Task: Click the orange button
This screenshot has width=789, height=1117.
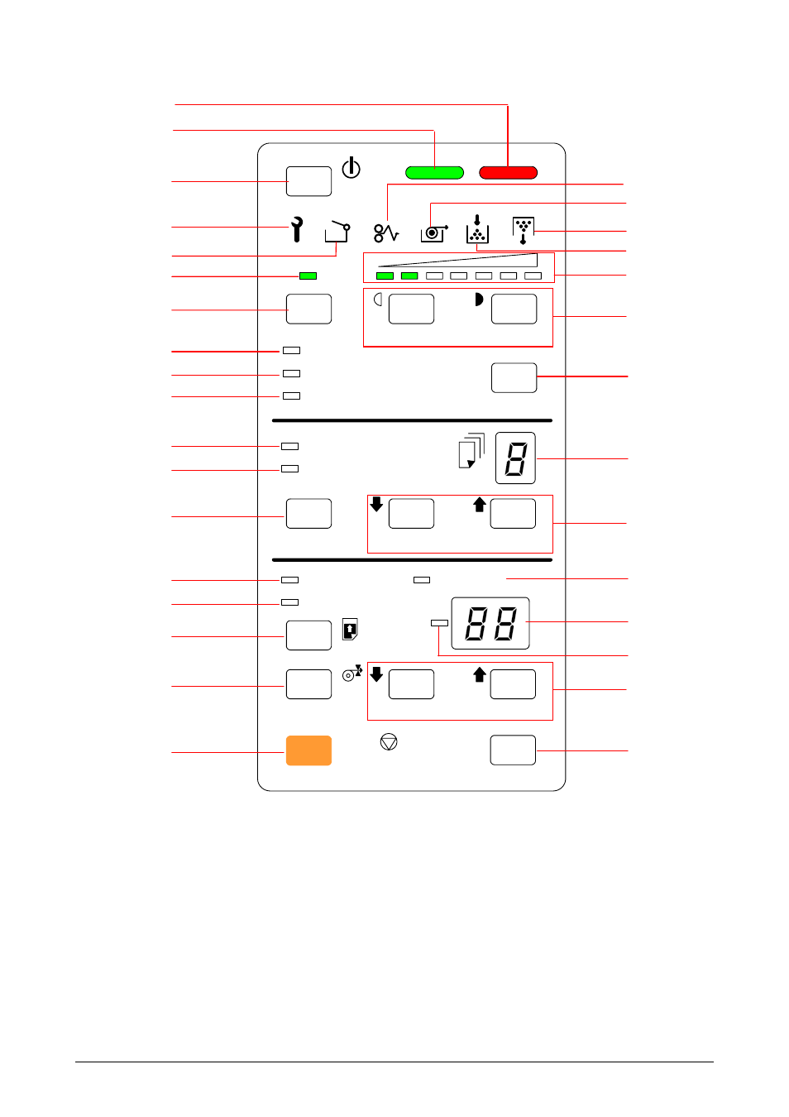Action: point(308,750)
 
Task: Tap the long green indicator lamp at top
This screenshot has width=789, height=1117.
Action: point(434,173)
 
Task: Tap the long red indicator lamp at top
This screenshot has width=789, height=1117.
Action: point(508,173)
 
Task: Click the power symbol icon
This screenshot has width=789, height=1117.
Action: point(351,167)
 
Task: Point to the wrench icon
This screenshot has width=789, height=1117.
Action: point(297,229)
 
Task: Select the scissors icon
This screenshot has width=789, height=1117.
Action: point(386,233)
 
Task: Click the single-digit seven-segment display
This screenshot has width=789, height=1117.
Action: point(515,458)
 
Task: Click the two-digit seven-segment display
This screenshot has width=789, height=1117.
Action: point(490,623)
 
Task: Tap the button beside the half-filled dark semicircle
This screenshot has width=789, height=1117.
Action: point(514,309)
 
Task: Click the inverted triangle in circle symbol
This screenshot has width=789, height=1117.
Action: point(389,741)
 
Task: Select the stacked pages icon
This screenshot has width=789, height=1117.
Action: point(471,450)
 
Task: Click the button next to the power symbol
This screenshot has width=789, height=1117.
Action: point(308,181)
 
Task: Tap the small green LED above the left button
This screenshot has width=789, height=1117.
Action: point(308,276)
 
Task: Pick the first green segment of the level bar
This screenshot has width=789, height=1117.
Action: point(385,276)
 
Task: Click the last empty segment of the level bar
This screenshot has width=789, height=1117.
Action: point(533,276)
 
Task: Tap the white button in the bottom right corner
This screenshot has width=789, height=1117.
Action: point(513,750)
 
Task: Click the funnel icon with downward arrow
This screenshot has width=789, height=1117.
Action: point(523,230)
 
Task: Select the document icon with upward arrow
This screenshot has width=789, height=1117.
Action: point(351,629)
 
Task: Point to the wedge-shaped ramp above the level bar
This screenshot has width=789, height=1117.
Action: point(457,261)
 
